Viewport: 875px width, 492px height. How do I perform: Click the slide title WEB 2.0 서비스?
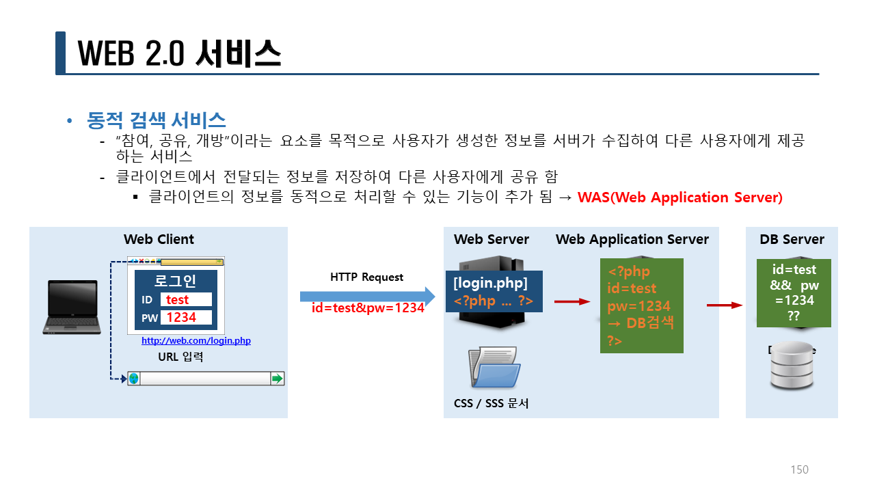[179, 53]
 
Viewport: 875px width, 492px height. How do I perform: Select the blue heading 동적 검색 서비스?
[157, 121]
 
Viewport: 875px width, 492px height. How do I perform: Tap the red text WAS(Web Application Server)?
[679, 197]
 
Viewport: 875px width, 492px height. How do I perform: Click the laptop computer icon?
[71, 307]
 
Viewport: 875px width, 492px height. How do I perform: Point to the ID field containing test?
[186, 299]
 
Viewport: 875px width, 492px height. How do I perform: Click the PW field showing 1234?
[186, 318]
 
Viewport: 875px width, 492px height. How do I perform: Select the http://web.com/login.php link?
[196, 340]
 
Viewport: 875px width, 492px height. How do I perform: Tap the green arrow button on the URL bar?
[277, 379]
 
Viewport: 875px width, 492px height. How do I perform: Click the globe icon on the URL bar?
[134, 379]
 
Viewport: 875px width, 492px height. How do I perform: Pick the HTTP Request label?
[366, 277]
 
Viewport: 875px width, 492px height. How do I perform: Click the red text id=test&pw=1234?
[368, 307]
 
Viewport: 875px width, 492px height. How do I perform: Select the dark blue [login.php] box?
[494, 292]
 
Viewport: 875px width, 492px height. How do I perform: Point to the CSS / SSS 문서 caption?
[491, 403]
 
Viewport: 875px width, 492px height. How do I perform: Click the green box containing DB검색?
[641, 305]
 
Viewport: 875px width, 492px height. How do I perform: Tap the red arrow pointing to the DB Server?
[724, 305]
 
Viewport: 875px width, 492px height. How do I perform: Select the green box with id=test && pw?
[793, 292]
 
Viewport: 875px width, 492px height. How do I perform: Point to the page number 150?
[799, 469]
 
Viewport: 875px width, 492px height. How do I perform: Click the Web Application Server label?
[632, 239]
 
